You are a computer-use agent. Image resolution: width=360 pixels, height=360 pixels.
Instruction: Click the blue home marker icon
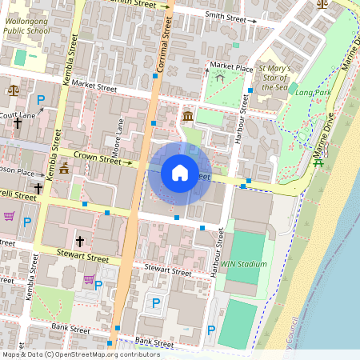coord(179,172)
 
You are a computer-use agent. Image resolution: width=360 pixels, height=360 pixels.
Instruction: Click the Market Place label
coord(233,66)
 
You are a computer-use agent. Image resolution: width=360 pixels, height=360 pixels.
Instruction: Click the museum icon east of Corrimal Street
coord(187,118)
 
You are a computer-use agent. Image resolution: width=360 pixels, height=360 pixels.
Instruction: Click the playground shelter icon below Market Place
coord(218,78)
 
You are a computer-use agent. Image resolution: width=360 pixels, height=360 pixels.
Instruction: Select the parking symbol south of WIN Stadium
coord(211,330)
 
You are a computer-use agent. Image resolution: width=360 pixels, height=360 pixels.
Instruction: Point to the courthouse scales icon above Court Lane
coord(12,90)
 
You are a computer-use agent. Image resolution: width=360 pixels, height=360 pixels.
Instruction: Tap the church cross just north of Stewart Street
coord(79,240)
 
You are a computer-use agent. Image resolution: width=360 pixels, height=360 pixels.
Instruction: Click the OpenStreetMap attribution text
coord(81,354)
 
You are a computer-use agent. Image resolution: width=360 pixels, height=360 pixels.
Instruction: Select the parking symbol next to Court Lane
coord(41,100)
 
